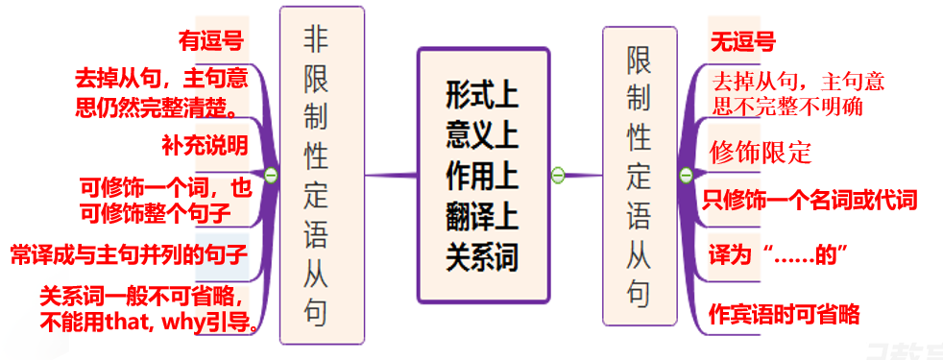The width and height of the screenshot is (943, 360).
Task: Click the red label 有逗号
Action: point(210,41)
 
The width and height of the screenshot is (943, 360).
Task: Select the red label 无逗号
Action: point(742,41)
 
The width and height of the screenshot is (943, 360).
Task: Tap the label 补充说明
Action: point(205,145)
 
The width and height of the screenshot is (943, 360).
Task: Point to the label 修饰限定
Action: point(761,152)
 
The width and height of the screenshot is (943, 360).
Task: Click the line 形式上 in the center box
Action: point(481,94)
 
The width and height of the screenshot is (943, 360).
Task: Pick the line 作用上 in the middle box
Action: point(481,176)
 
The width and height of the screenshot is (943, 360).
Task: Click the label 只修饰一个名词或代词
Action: point(810,200)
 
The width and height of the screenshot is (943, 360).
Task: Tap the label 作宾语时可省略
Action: point(783,314)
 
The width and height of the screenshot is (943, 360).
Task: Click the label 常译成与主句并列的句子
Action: point(129,255)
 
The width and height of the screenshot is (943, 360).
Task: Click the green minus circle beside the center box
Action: point(557,175)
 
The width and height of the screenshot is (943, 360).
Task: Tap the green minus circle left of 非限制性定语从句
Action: point(272,176)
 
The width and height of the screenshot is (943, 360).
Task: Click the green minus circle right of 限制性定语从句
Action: point(686,176)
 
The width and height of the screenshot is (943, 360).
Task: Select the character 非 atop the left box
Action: point(321,38)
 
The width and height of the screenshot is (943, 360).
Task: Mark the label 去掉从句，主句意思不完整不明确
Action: point(796,92)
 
